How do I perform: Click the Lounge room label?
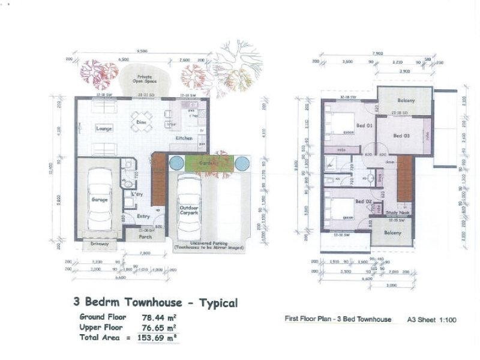(104, 128)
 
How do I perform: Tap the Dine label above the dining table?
(142, 122)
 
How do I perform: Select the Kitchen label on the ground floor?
(184, 139)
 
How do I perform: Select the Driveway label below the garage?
(100, 244)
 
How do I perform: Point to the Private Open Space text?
(144, 80)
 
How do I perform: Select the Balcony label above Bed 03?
(406, 100)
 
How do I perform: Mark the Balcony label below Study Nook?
(392, 233)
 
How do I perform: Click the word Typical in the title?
(214, 303)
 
